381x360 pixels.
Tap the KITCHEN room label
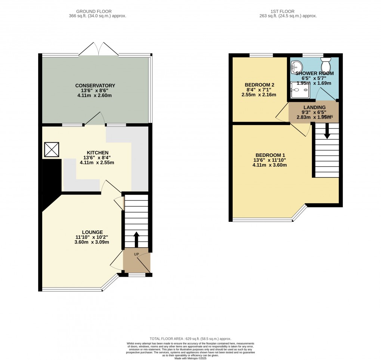tap(97, 153)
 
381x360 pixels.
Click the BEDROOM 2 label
tap(260, 85)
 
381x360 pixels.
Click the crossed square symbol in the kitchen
tap(52, 150)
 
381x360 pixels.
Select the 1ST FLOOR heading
tap(288, 11)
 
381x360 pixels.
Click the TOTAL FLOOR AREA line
tap(190, 338)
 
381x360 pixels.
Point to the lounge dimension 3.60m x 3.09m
tap(92, 242)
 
